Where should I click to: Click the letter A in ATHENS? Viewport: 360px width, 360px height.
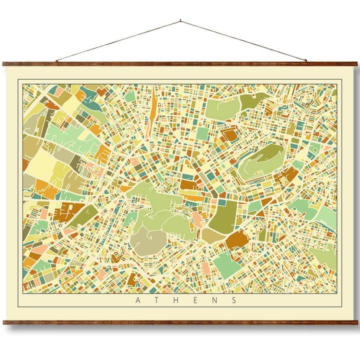(138, 300)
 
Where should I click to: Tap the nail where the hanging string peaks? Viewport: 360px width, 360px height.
(180, 21)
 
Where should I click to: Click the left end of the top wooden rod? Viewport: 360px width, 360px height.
(3, 64)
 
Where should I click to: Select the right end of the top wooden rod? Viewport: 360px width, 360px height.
(356, 64)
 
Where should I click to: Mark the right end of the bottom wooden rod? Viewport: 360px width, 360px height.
(356, 322)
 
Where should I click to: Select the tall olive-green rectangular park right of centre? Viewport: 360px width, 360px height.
(223, 216)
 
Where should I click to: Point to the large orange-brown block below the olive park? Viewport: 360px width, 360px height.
(236, 239)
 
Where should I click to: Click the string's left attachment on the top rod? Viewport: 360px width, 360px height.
(56, 61)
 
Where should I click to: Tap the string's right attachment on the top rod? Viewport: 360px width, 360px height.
(306, 61)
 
